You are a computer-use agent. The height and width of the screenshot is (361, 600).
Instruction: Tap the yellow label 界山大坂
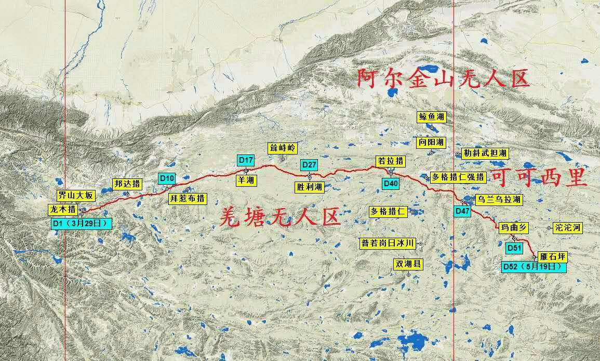pyautogui.click(x=76, y=196)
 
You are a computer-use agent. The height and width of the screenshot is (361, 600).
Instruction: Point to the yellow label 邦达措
pyautogui.click(x=127, y=184)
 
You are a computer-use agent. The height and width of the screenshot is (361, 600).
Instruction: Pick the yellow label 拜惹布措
pyautogui.click(x=188, y=198)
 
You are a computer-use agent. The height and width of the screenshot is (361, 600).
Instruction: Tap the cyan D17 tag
pyautogui.click(x=246, y=160)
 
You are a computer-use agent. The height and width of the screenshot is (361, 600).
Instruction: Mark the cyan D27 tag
pyautogui.click(x=309, y=165)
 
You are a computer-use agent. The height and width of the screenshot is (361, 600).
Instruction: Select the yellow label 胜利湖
pyautogui.click(x=309, y=187)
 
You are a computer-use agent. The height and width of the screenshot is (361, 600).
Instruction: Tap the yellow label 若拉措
pyautogui.click(x=390, y=161)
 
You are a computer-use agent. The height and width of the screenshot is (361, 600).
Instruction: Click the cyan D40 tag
pyautogui.click(x=390, y=183)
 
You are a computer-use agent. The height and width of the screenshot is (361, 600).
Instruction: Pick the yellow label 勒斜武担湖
pyautogui.click(x=485, y=153)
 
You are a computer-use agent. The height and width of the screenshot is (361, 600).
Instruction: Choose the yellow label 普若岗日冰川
pyautogui.click(x=389, y=243)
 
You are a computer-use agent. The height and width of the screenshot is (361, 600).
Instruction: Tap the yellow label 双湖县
pyautogui.click(x=408, y=264)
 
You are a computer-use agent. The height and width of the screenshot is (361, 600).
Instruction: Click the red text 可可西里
pyautogui.click(x=538, y=178)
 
